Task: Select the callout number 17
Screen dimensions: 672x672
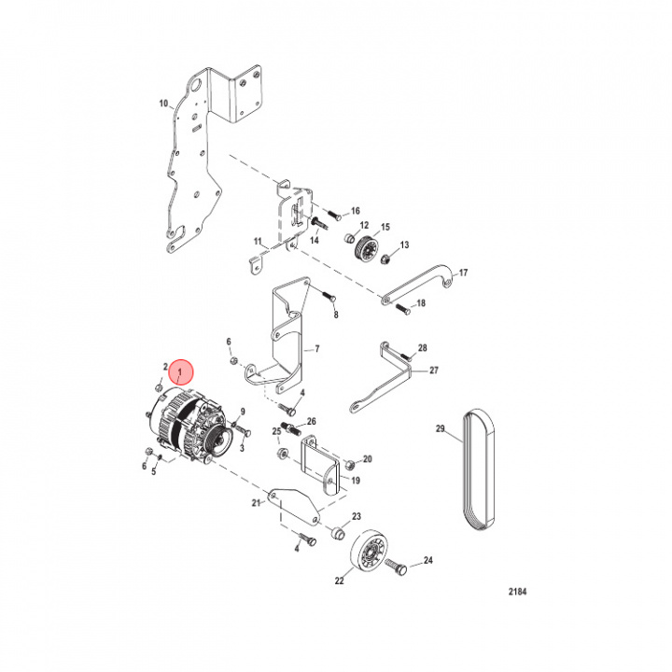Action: (463, 273)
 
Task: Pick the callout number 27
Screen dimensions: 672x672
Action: (433, 371)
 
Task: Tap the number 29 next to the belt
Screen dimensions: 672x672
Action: (441, 430)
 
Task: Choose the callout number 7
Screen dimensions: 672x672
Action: (316, 349)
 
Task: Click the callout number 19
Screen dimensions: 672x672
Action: (355, 481)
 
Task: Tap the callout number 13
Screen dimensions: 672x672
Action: (405, 245)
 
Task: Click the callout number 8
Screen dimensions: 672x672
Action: (336, 315)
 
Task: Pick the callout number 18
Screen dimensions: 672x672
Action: (420, 303)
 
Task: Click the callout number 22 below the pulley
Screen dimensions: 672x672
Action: (339, 581)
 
